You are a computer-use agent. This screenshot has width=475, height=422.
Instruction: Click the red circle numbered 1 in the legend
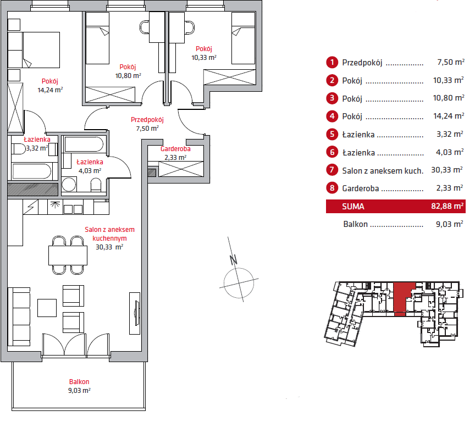click(x=332, y=63)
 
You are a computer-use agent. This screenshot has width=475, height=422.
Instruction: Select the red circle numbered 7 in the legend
click(x=332, y=170)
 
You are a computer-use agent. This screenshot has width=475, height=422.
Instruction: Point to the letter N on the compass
click(x=233, y=259)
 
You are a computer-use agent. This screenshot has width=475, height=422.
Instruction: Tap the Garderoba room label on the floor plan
click(x=175, y=149)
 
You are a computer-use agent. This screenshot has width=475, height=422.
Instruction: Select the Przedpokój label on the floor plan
click(x=147, y=120)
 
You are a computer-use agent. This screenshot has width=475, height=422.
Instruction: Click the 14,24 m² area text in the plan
click(x=50, y=90)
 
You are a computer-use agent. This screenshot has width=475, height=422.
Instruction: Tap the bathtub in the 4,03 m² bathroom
click(x=84, y=145)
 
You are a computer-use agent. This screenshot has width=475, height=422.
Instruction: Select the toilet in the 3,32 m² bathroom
click(x=18, y=148)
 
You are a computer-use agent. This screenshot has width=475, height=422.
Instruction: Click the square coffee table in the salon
click(x=47, y=307)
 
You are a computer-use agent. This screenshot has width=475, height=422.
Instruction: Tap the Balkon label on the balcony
click(x=79, y=382)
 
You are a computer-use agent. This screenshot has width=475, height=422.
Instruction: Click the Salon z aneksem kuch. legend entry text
click(x=383, y=170)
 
